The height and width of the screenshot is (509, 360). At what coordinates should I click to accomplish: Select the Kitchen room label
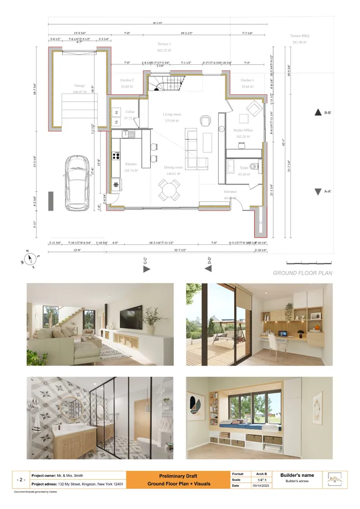[131, 164]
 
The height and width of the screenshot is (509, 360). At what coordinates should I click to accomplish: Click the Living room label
[172, 115]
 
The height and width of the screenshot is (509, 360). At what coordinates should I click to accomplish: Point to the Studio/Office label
[243, 130]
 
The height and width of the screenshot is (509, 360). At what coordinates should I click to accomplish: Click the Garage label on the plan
[80, 86]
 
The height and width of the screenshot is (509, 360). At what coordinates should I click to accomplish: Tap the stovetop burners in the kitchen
[117, 156]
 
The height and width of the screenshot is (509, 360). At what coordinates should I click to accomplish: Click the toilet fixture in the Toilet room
[254, 165]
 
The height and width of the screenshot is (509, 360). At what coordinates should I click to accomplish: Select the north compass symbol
[32, 259]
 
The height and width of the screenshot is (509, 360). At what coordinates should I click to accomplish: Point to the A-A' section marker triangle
[317, 192]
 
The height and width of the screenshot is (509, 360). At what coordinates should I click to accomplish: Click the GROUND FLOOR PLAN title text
[302, 273]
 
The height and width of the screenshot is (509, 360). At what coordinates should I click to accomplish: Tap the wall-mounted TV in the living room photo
[131, 319]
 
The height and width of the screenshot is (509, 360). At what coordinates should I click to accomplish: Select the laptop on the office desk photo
[283, 335]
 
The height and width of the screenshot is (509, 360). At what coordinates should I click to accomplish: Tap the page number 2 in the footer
[20, 480]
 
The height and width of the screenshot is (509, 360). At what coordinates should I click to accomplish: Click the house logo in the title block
[334, 480]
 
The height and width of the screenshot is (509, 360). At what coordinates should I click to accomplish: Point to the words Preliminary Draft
[178, 476]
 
